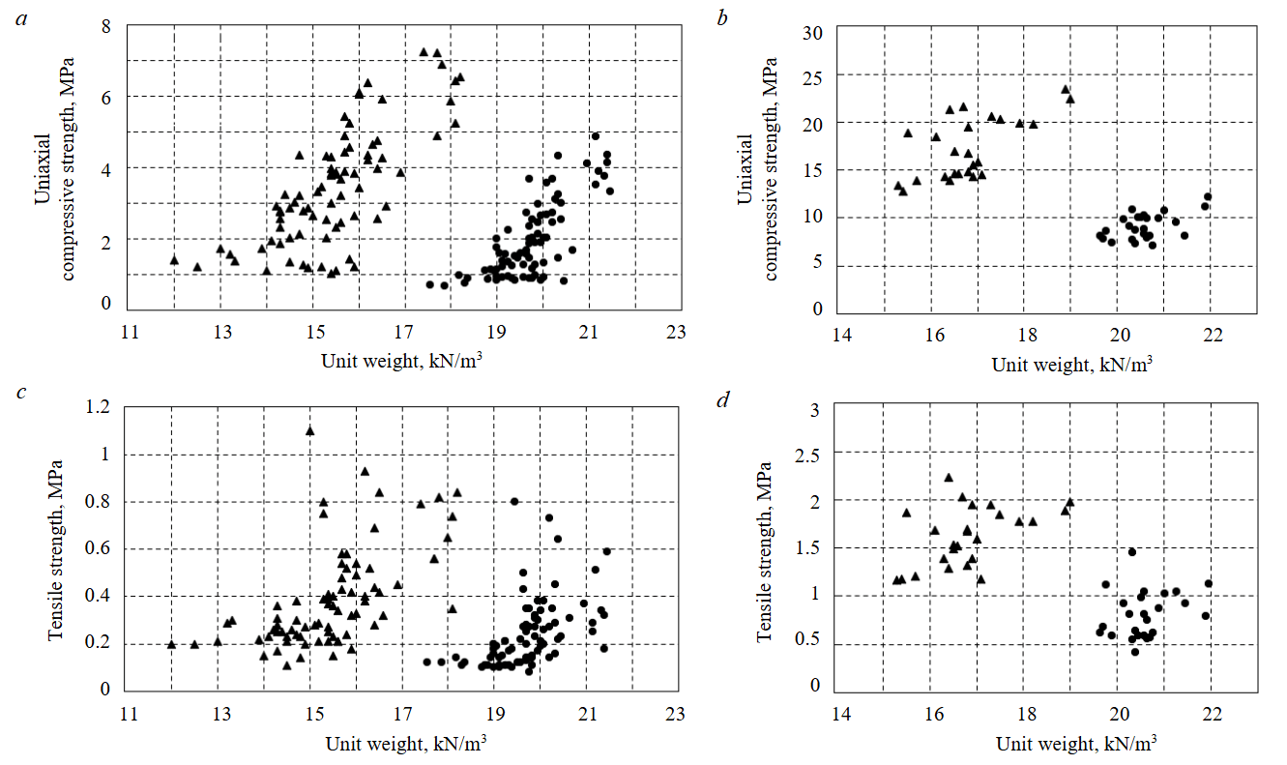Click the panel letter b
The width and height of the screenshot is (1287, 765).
(723, 19)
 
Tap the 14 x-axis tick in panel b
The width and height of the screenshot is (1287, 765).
(841, 334)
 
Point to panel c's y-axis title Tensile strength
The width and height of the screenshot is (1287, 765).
(56, 548)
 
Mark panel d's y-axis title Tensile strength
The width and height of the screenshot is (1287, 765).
(764, 548)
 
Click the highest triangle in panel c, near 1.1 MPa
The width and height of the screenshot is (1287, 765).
(309, 430)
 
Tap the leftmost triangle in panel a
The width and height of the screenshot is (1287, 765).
(174, 259)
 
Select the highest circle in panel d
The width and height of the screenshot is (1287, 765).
(1131, 551)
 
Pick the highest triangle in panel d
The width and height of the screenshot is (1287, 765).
(949, 477)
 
